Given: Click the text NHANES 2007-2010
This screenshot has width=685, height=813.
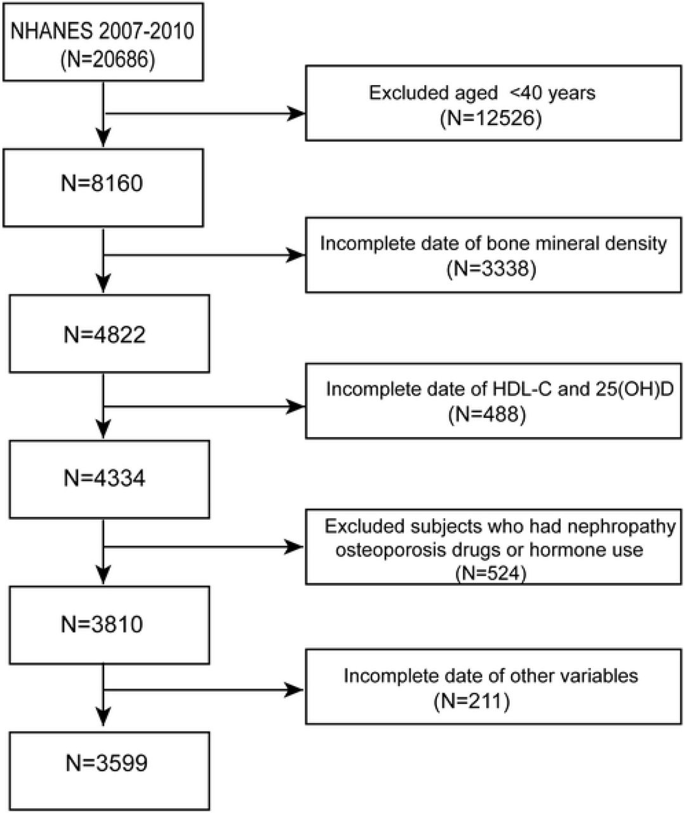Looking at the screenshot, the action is (102, 31).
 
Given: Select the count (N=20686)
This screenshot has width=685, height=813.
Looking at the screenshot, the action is (108, 60).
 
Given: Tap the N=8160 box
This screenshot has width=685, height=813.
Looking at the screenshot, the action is (103, 187).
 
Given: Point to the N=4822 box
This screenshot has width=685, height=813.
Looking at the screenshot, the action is (109, 333).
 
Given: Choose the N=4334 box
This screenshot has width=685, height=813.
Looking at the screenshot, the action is (109, 480).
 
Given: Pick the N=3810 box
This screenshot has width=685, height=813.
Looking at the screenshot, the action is (109, 625).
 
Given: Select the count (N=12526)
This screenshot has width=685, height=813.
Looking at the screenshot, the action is (491, 118).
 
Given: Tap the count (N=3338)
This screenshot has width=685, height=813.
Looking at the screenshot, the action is (491, 269).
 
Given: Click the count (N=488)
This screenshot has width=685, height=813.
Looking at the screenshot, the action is (488, 414).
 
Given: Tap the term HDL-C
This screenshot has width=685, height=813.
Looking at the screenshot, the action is (522, 389).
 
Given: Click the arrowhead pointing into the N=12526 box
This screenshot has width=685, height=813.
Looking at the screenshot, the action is (296, 114).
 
